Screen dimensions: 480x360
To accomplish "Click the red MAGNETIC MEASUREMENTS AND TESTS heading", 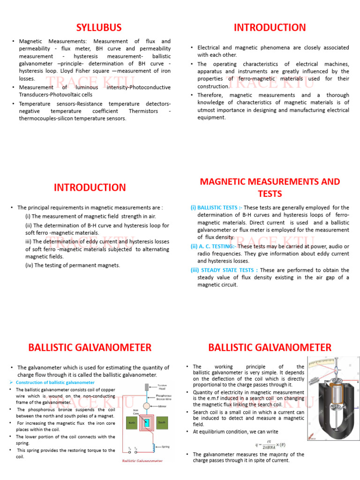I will point(270,187).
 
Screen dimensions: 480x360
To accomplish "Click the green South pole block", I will point(163,422).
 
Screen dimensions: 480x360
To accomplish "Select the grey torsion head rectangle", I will point(147,387).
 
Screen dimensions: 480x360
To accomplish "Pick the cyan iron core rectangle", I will point(147,423).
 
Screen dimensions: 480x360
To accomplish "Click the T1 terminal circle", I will point(130,452).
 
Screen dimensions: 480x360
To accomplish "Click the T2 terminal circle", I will point(136,452).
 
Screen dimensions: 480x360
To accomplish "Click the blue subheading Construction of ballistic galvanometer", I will point(55,382).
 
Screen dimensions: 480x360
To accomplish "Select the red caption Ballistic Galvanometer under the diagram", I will point(142,461).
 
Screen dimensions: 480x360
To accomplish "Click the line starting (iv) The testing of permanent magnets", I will point(73,265).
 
